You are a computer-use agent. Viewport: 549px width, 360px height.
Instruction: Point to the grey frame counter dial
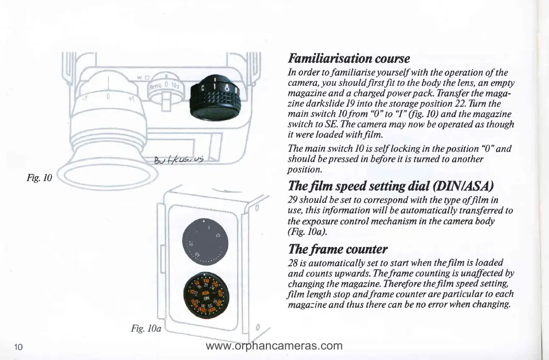204,244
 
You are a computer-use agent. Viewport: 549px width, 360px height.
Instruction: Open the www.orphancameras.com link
274,346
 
